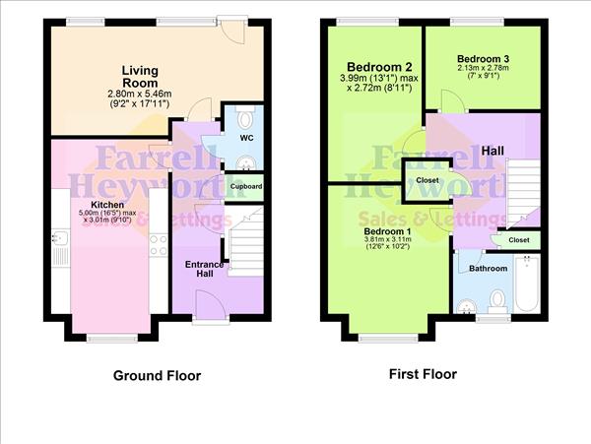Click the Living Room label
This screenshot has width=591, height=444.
(x=140, y=77)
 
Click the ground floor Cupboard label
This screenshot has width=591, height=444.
(x=246, y=185)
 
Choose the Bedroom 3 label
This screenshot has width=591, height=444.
(x=483, y=59)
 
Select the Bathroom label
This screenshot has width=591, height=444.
(x=489, y=268)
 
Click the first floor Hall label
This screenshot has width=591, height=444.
(x=494, y=151)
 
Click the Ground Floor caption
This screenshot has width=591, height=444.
(x=157, y=375)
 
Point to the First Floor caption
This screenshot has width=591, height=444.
(x=423, y=374)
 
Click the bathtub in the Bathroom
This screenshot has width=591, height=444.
(x=527, y=283)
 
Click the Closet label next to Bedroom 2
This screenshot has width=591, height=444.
(x=427, y=180)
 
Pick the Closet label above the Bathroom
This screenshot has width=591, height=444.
(x=519, y=239)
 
